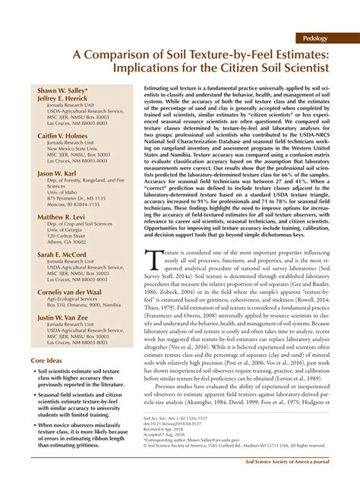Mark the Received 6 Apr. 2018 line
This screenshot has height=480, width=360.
pos(164,428)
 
